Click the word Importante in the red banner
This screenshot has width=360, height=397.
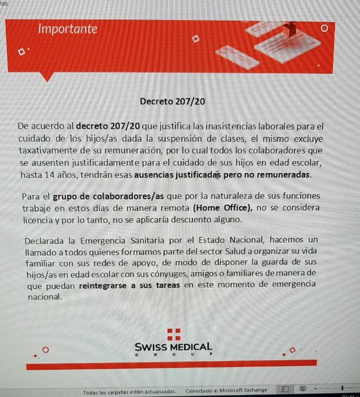[x=68, y=29]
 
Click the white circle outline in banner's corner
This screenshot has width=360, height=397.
[x=324, y=27]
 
